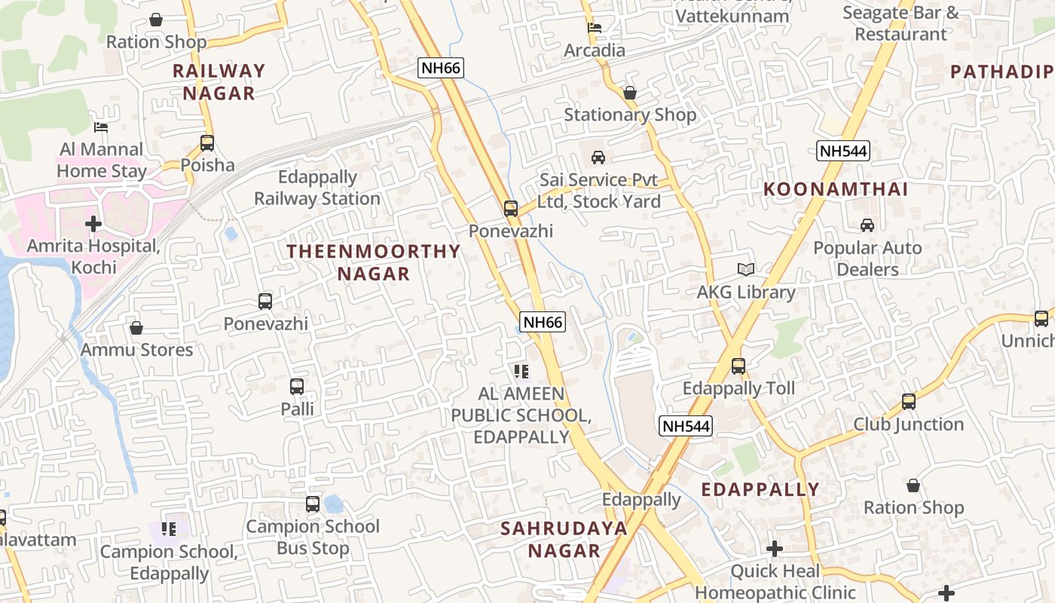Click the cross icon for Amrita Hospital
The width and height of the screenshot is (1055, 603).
(x=93, y=224)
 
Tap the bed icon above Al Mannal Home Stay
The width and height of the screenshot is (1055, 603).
(x=101, y=127)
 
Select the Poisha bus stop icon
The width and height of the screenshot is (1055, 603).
(x=207, y=142)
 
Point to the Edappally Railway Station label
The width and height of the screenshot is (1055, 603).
(x=317, y=188)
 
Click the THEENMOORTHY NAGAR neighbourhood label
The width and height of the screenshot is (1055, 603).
(x=373, y=262)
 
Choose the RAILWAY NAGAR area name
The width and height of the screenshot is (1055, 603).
(x=219, y=82)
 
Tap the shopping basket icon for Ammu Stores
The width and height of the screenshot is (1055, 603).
(x=136, y=328)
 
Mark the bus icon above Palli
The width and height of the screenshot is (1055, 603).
(x=297, y=387)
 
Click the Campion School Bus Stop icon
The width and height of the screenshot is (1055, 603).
(x=313, y=504)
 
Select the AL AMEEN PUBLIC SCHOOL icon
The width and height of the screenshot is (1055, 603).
(x=521, y=371)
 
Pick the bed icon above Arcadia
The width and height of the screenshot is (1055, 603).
(x=595, y=28)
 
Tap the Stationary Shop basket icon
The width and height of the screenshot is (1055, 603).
(x=630, y=93)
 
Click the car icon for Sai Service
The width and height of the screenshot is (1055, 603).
(x=598, y=158)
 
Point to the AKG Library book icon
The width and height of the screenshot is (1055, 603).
(x=746, y=270)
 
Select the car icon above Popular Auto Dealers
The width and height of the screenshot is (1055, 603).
(x=867, y=225)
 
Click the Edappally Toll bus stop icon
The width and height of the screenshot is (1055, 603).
(x=738, y=366)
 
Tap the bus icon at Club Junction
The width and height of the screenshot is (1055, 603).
(x=909, y=402)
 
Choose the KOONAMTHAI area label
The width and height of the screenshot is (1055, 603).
(x=836, y=189)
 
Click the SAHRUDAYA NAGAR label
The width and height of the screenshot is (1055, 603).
(x=564, y=540)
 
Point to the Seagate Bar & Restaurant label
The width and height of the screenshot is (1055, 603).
(x=901, y=23)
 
